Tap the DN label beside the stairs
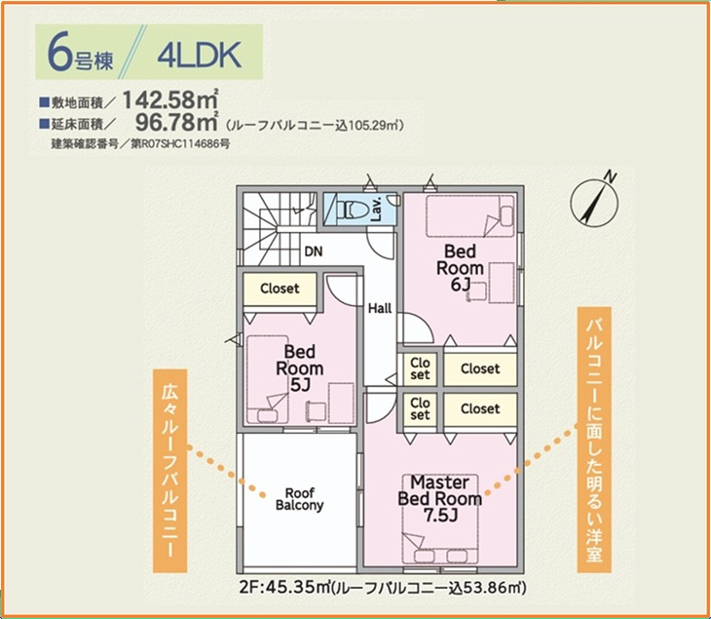click(314, 251)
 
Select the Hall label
click(380, 309)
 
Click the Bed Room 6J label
click(460, 268)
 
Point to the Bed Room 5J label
click(300, 368)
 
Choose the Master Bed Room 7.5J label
click(440, 499)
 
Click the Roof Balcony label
click(300, 499)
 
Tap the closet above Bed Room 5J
click(280, 290)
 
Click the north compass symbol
click(595, 200)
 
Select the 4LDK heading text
click(200, 56)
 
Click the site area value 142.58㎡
click(170, 100)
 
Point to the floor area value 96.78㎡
click(177, 122)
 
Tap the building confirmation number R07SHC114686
click(181, 144)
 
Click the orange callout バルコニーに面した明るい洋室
click(594, 440)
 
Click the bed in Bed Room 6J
click(470, 216)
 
